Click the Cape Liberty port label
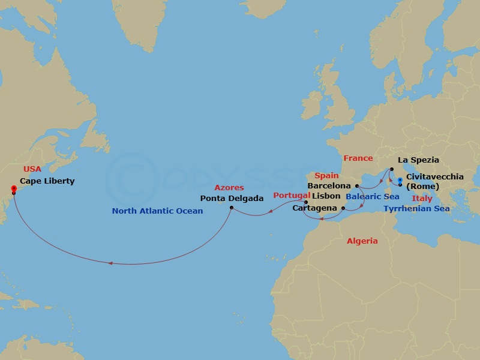(47, 181)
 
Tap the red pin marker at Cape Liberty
(13, 189)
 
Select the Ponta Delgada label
(232, 198)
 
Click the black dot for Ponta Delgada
(232, 208)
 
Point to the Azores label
(229, 188)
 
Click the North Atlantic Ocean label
(157, 211)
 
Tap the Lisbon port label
(326, 196)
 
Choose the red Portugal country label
(292, 196)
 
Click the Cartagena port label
(315, 208)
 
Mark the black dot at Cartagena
(343, 208)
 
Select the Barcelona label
(329, 186)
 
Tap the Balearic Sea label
(373, 196)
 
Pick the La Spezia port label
(419, 160)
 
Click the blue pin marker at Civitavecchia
(400, 180)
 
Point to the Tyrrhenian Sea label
(416, 208)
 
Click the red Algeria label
(362, 241)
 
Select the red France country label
(358, 158)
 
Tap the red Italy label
(422, 198)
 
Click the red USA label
(32, 169)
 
